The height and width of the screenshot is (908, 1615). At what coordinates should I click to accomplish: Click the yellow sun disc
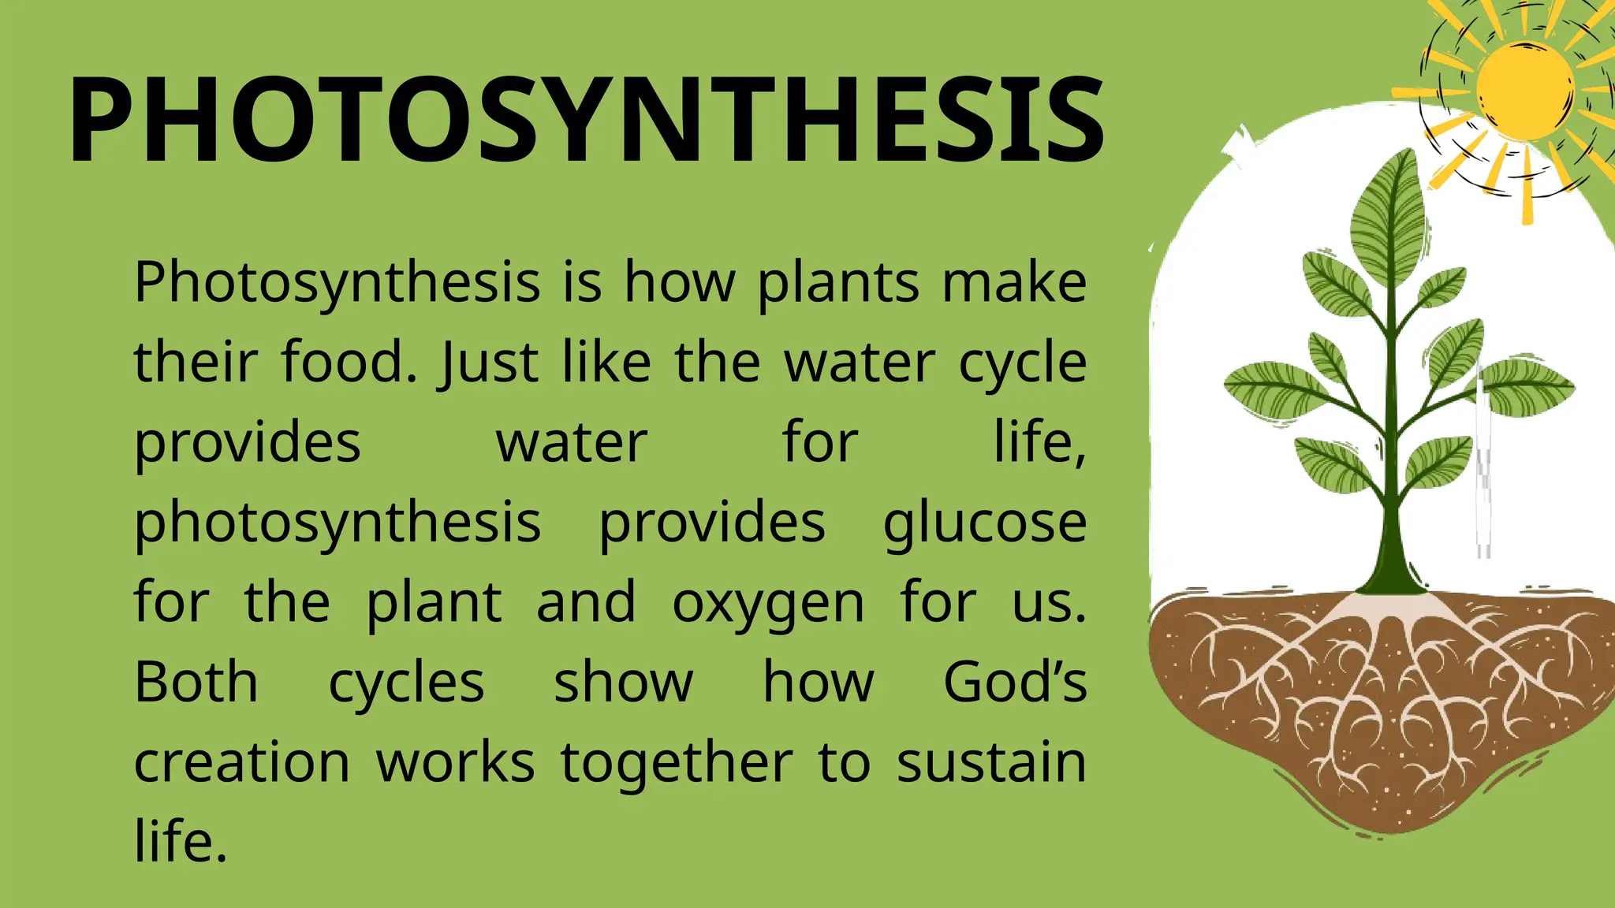tap(1524, 88)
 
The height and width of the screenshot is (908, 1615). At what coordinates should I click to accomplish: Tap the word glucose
tap(984, 524)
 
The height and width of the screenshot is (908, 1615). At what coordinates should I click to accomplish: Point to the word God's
tap(1015, 683)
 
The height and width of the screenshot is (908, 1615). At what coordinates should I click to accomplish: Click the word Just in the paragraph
tap(489, 364)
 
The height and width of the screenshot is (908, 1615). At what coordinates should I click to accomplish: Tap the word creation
tap(242, 763)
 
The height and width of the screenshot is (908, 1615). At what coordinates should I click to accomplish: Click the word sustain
tap(991, 763)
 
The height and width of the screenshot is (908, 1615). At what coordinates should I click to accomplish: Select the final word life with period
tap(181, 842)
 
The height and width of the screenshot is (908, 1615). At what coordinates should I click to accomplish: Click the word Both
tap(196, 683)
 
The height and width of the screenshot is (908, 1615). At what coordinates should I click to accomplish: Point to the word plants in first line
tap(838, 284)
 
